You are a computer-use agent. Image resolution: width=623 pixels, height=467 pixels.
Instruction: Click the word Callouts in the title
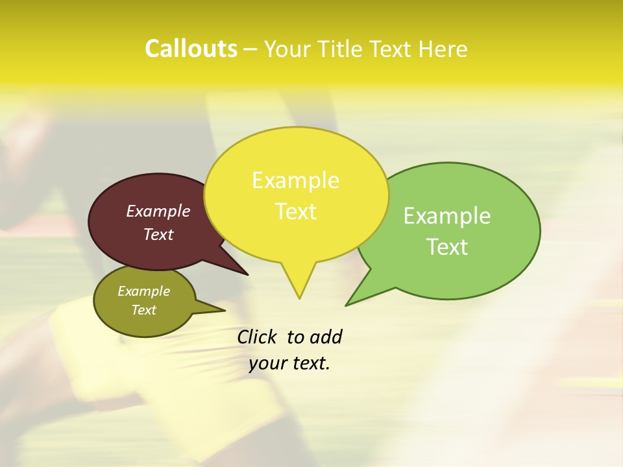pyautogui.click(x=191, y=49)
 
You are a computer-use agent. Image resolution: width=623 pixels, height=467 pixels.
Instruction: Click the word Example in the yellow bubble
pyautogui.click(x=295, y=180)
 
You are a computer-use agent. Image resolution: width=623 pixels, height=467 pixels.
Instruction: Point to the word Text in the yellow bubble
pyautogui.click(x=295, y=211)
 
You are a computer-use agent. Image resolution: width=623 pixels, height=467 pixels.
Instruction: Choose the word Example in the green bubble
pyautogui.click(x=447, y=216)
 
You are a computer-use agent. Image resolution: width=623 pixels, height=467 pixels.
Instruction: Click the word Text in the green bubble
pyautogui.click(x=447, y=247)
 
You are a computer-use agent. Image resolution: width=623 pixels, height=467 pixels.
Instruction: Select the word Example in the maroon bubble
pyautogui.click(x=158, y=211)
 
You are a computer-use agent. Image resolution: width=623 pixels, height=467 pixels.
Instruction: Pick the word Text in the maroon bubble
pyautogui.click(x=158, y=235)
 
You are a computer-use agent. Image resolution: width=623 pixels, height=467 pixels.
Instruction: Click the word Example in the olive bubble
pyautogui.click(x=144, y=291)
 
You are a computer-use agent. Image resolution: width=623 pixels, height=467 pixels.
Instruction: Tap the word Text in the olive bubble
pyautogui.click(x=144, y=310)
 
